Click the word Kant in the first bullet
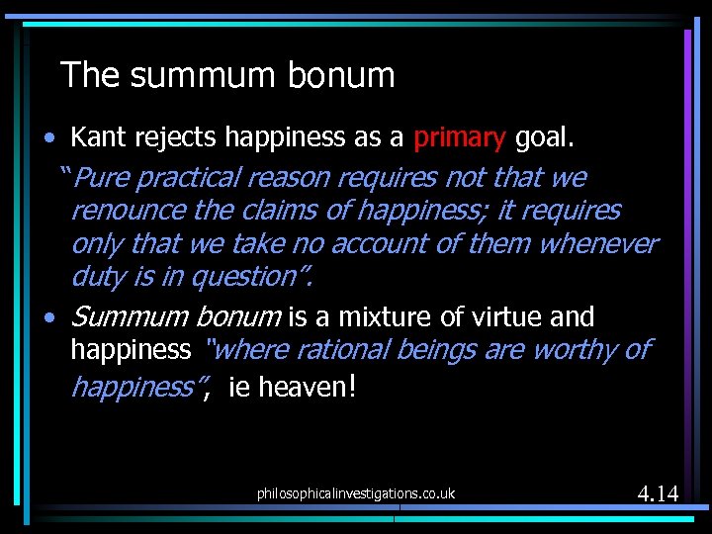click(94, 137)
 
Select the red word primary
click(459, 137)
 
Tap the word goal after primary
click(542, 137)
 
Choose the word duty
click(96, 277)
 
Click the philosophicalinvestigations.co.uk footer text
click(356, 491)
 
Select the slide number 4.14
click(658, 491)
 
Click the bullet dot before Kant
click(48, 138)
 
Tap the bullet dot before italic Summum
click(48, 319)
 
